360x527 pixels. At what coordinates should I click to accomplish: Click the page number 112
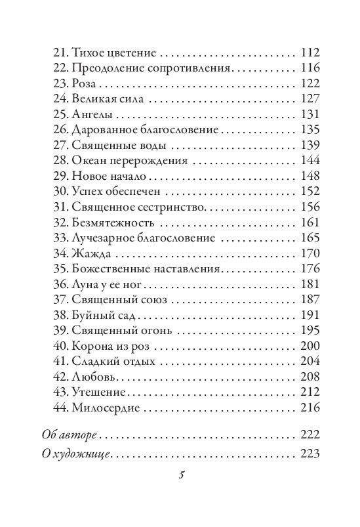pos(308,52)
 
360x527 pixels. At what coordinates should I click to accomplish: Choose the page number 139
pos(308,146)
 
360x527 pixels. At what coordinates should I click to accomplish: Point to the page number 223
pos(308,454)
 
